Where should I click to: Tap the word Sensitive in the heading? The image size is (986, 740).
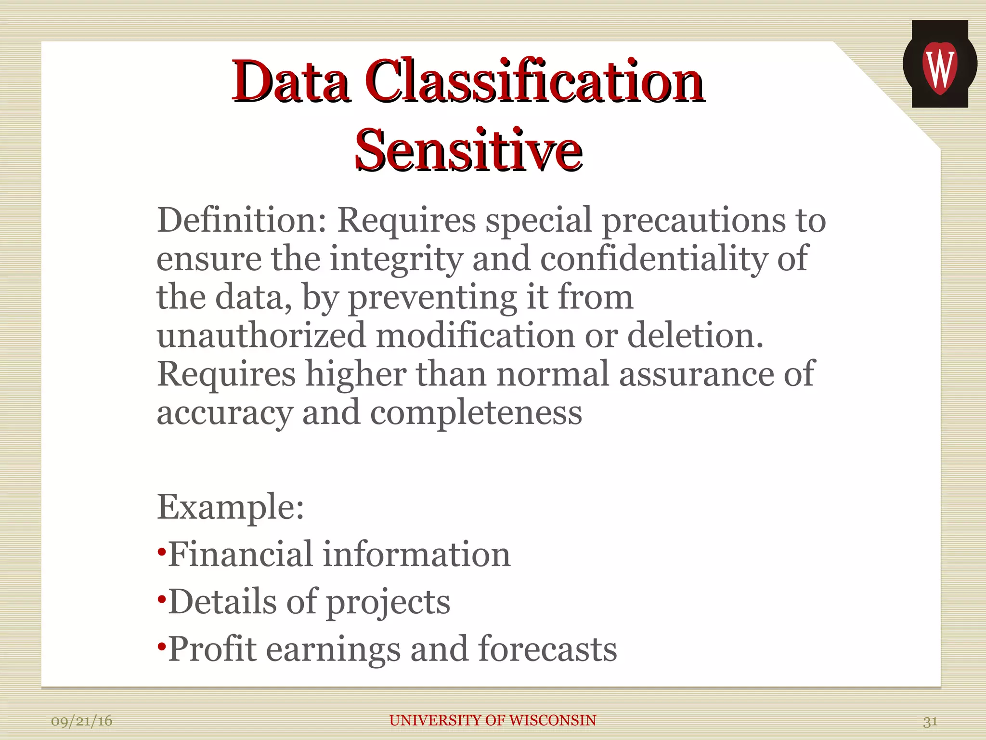[x=468, y=150]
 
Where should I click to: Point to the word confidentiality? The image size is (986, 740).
[x=654, y=259]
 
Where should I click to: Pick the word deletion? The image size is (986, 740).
[x=695, y=336]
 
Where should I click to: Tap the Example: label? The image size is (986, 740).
[x=231, y=507]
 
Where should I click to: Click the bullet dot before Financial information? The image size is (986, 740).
[x=162, y=551]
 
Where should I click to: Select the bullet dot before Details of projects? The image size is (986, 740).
[x=162, y=599]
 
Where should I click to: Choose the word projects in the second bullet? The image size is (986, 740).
[x=388, y=603]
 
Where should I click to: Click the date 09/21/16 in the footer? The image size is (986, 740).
[x=82, y=721]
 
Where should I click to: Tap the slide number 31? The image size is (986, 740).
[x=930, y=721]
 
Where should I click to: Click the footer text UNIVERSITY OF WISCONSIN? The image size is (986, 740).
[x=493, y=720]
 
